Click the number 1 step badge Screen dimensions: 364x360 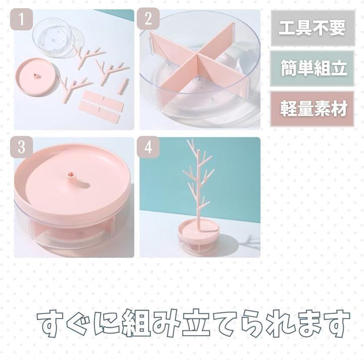(x=21, y=19)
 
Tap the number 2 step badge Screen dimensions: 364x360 (x=148, y=19)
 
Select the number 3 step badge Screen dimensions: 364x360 (x=21, y=147)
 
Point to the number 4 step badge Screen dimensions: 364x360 (x=148, y=147)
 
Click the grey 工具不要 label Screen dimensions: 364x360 (x=313, y=28)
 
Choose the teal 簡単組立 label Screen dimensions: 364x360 (x=313, y=68)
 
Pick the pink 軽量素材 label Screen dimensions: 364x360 (x=313, y=109)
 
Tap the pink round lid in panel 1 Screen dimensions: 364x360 (x=37, y=77)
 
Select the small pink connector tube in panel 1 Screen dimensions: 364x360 (x=124, y=86)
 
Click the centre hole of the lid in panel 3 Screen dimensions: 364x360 (x=69, y=174)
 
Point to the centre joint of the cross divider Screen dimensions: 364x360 (x=197, y=57)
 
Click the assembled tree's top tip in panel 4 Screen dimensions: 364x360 (x=188, y=140)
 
